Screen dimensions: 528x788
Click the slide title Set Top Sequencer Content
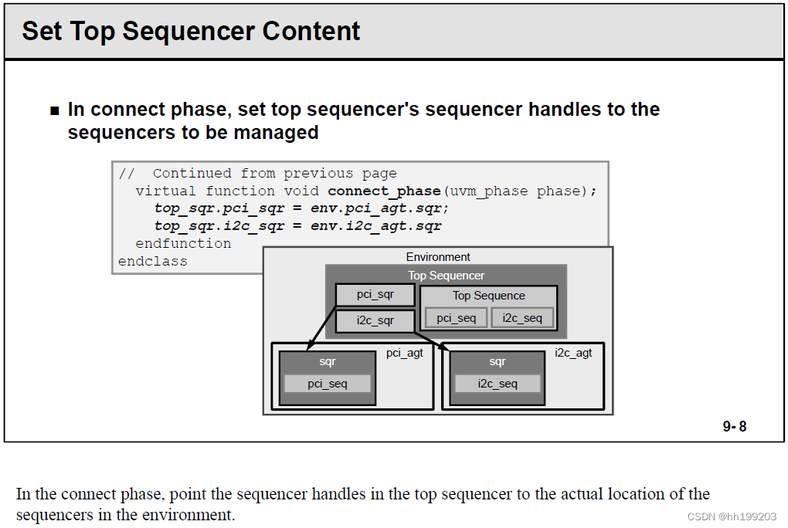pyautogui.click(x=191, y=31)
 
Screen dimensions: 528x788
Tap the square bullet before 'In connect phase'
pyautogui.click(x=54, y=110)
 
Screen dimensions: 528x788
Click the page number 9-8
pyautogui.click(x=734, y=426)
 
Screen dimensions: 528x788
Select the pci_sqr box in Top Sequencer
pyautogui.click(x=375, y=295)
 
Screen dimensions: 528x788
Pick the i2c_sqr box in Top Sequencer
pyautogui.click(x=375, y=320)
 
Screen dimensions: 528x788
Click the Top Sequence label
pyautogui.click(x=488, y=296)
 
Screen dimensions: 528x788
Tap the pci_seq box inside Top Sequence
pyautogui.click(x=456, y=318)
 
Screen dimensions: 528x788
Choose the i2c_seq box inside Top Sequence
pyautogui.click(x=522, y=318)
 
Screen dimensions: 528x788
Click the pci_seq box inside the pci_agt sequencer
pyautogui.click(x=328, y=384)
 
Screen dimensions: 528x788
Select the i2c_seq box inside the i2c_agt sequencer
pyautogui.click(x=498, y=384)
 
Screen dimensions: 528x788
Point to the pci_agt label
pyautogui.click(x=405, y=354)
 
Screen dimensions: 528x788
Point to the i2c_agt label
pyautogui.click(x=573, y=354)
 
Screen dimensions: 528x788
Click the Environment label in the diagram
pyautogui.click(x=438, y=257)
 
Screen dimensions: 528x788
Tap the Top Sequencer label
pyautogui.click(x=446, y=276)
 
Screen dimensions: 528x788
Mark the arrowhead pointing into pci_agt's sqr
pyautogui.click(x=307, y=347)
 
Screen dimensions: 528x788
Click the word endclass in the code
pyautogui.click(x=152, y=262)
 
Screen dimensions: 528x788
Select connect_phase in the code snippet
pyautogui.click(x=383, y=191)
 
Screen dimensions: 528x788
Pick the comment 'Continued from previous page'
pyautogui.click(x=274, y=173)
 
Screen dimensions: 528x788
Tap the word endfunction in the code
pyautogui.click(x=183, y=244)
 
